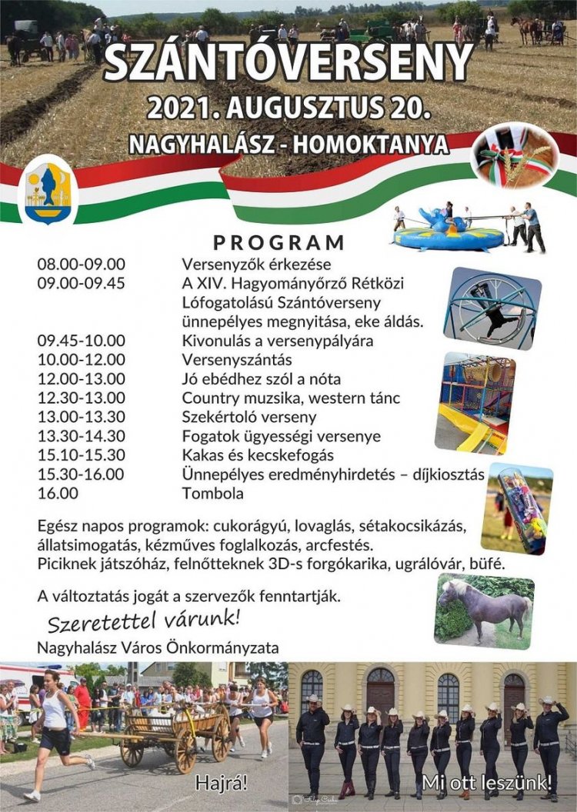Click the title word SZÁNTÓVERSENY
click(288, 63)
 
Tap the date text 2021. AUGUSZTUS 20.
click(288, 108)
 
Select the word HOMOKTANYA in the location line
click(384, 144)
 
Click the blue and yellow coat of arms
click(48, 188)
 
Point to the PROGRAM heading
click(278, 242)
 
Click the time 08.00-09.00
click(81, 265)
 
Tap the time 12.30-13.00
click(81, 398)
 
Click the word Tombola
click(212, 493)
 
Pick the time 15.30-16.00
click(81, 474)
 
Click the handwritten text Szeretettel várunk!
click(144, 617)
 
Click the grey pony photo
click(485, 611)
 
